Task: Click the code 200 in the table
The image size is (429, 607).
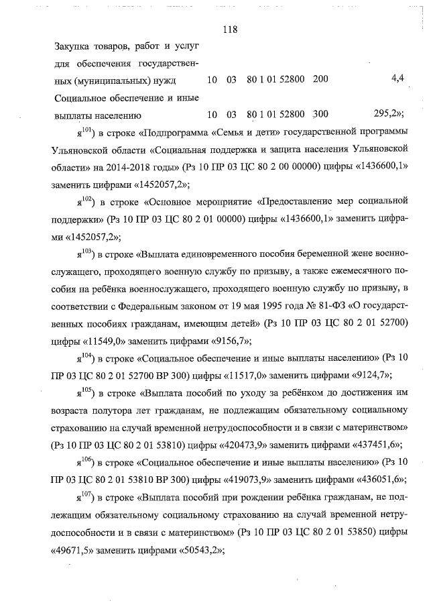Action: coord(320,80)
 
